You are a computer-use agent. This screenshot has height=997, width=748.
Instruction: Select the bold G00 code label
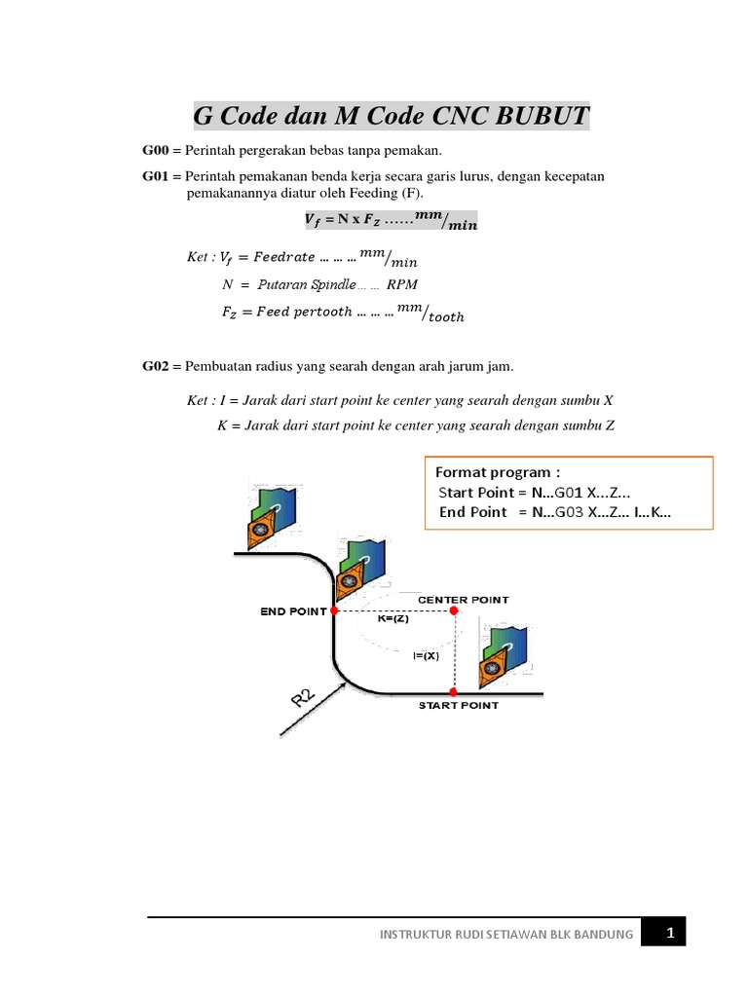(156, 150)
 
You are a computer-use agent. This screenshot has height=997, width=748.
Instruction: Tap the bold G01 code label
(156, 176)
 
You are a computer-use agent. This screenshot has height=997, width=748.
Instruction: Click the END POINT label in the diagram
(292, 611)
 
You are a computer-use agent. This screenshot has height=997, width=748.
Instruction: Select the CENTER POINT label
(463, 600)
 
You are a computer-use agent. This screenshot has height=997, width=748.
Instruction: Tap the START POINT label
(458, 705)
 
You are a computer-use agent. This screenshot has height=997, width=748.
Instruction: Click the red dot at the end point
(334, 610)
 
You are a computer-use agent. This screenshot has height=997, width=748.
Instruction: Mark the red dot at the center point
(454, 610)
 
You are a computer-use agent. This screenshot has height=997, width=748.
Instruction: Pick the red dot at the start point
(454, 692)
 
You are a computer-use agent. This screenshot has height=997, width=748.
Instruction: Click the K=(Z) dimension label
(394, 617)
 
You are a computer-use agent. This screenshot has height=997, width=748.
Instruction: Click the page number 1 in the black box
(670, 933)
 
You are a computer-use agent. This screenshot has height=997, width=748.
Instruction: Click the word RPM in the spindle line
(403, 285)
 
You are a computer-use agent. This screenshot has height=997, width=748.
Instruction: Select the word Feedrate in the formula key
(283, 257)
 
